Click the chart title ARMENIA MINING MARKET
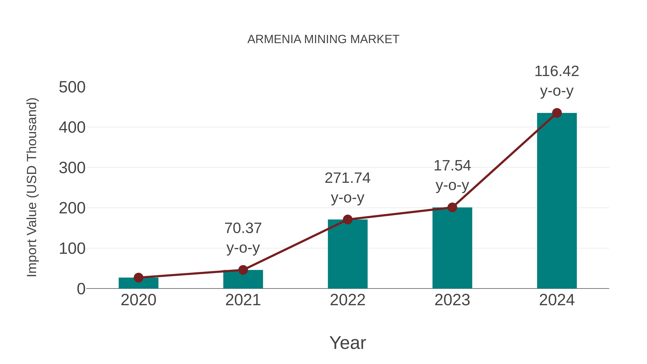point(323,39)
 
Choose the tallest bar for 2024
point(557,201)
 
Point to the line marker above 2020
point(138,278)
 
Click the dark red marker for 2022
point(348,219)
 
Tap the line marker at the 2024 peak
point(557,113)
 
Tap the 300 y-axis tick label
point(72,168)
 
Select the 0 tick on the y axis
point(81,289)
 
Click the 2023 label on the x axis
point(452,300)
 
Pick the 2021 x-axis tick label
point(243,300)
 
